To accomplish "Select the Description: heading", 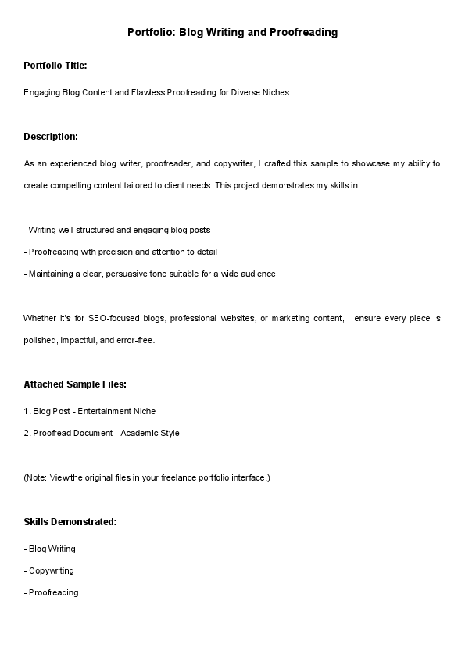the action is pyautogui.click(x=51, y=137).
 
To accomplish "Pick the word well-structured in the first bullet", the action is pyautogui.click(x=91, y=230).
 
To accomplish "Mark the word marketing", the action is pyautogui.click(x=318, y=318).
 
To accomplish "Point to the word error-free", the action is pyautogui.click(x=136, y=340).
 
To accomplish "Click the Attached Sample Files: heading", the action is pyautogui.click(x=75, y=384).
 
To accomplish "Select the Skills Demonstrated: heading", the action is pyautogui.click(x=70, y=521).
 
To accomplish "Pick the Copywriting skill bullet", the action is pyautogui.click(x=51, y=570).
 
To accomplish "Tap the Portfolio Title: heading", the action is pyautogui.click(x=55, y=65).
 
